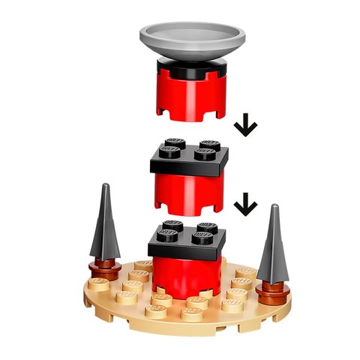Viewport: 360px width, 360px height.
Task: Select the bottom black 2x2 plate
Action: pyautogui.click(x=185, y=241)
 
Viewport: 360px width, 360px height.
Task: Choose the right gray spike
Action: pyautogui.click(x=272, y=244)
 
